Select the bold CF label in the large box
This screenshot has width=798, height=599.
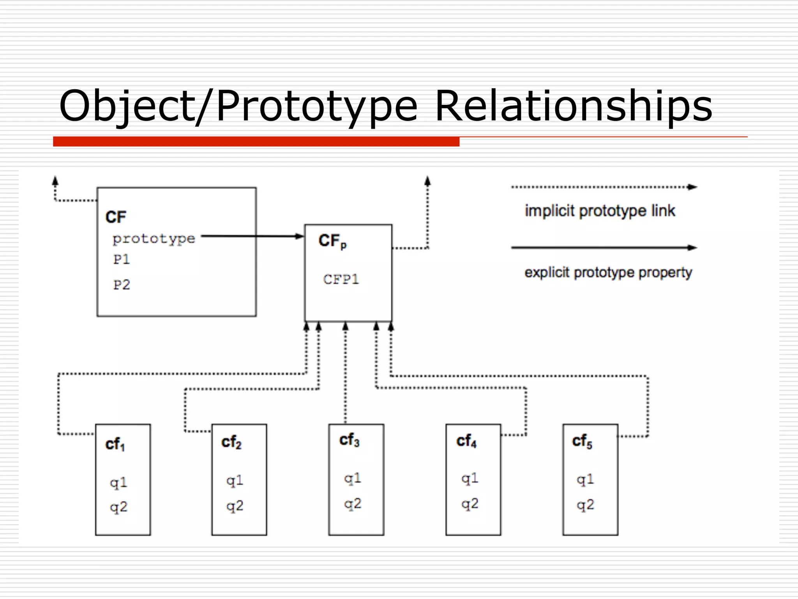tap(116, 217)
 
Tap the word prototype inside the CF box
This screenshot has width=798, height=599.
tap(154, 238)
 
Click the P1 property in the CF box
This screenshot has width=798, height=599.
tap(121, 259)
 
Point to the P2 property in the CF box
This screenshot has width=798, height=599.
tap(122, 285)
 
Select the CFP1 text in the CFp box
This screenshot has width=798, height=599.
tap(341, 279)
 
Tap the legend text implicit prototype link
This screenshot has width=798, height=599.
tap(600, 211)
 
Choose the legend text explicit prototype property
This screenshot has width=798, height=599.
tap(608, 272)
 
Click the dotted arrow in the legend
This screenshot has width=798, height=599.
tap(604, 187)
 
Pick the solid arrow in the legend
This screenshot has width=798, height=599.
tap(604, 248)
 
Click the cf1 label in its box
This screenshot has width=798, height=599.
tap(115, 445)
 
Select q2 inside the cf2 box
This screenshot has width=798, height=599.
tap(235, 506)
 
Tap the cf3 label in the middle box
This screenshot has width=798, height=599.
tap(349, 440)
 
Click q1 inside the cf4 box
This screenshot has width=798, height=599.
tap(470, 478)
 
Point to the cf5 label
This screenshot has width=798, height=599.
tap(582, 441)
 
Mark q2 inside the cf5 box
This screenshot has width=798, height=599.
tap(585, 505)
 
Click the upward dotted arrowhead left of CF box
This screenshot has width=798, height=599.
tap(55, 181)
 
